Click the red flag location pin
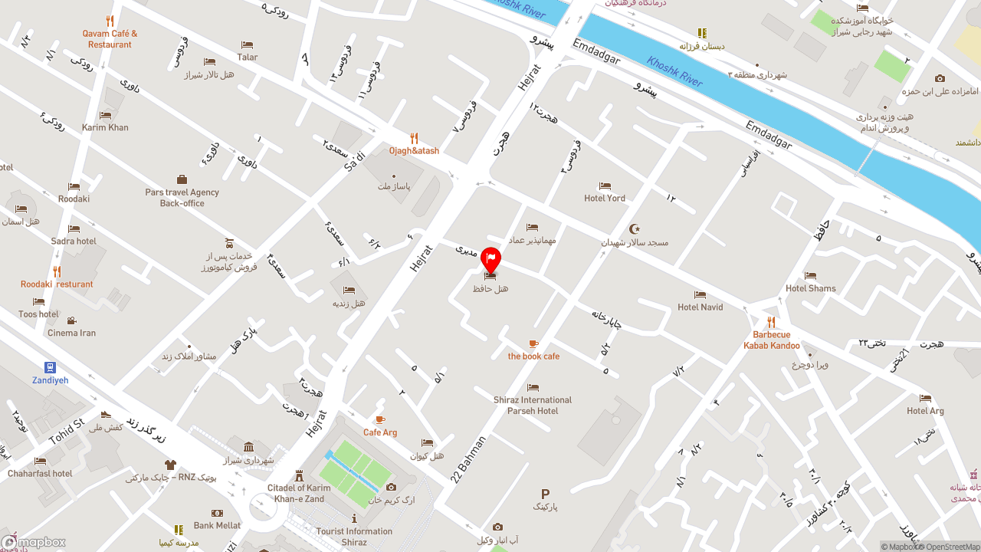pyautogui.click(x=490, y=260)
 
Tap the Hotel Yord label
pyautogui.click(x=605, y=198)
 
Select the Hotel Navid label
pyautogui.click(x=700, y=307)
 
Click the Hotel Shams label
pyautogui.click(x=810, y=288)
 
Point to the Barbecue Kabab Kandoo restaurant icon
pyautogui.click(x=771, y=323)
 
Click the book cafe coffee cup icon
pyautogui.click(x=533, y=344)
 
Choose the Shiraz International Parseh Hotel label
pyautogui.click(x=533, y=406)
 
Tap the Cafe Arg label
pyautogui.click(x=380, y=432)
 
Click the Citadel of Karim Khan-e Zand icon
pyautogui.click(x=298, y=475)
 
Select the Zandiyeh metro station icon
pyautogui.click(x=50, y=367)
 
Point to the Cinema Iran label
pyautogui.click(x=71, y=333)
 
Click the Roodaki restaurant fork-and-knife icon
pyautogui.click(x=57, y=271)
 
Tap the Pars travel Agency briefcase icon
pyautogui.click(x=182, y=179)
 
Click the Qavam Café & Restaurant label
pyautogui.click(x=110, y=39)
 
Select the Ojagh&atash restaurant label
pyautogui.click(x=414, y=151)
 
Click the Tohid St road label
pyautogui.click(x=66, y=431)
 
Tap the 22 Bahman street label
pyautogui.click(x=468, y=459)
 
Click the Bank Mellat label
pyautogui.click(x=217, y=525)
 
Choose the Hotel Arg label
pyautogui.click(x=925, y=411)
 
